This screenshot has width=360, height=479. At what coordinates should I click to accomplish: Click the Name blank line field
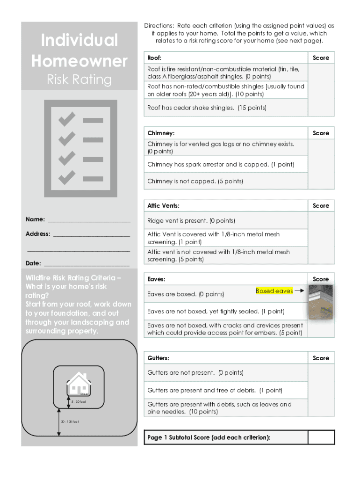pyautogui.click(x=88, y=220)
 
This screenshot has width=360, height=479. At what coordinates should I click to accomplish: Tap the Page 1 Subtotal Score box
pyautogui.click(x=321, y=437)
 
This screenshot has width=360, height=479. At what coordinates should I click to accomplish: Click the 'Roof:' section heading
pyautogui.click(x=154, y=58)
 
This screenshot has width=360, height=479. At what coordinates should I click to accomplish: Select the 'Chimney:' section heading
pyautogui.click(x=161, y=133)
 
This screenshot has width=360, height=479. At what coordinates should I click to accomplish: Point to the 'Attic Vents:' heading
pyautogui.click(x=163, y=206)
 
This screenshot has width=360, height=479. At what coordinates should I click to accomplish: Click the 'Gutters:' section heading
pyautogui.click(x=158, y=358)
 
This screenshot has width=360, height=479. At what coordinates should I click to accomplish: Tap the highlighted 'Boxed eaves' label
pyautogui.click(x=274, y=291)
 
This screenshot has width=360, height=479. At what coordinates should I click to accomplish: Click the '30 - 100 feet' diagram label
pyautogui.click(x=70, y=422)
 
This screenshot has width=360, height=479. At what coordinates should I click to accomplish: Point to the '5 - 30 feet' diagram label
pyautogui.click(x=79, y=401)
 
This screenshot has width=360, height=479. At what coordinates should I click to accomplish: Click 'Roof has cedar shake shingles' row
pyautogui.click(x=207, y=108)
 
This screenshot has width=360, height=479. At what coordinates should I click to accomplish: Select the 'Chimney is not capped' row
pyautogui.click(x=195, y=181)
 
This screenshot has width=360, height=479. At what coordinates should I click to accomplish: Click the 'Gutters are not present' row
pyautogui.click(x=195, y=373)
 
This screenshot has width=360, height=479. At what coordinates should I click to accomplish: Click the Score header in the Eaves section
pyautogui.click(x=321, y=279)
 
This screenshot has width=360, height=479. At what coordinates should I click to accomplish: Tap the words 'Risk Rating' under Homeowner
pyautogui.click(x=79, y=80)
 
